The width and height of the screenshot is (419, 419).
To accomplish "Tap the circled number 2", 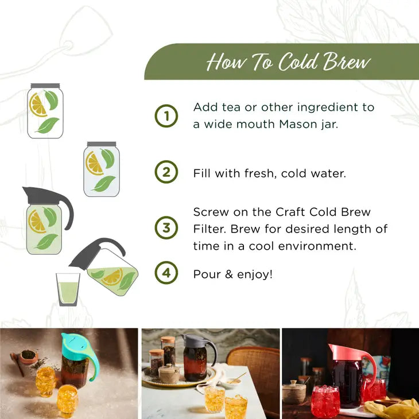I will [166, 172].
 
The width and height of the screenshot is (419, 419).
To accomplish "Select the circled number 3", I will [166, 228].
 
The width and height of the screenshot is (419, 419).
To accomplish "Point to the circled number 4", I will [166, 273].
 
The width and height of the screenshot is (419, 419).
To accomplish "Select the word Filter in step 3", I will [211, 229].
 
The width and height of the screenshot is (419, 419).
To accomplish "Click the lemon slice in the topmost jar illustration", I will [38, 105].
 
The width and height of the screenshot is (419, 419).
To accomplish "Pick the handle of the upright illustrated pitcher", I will [64, 207].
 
